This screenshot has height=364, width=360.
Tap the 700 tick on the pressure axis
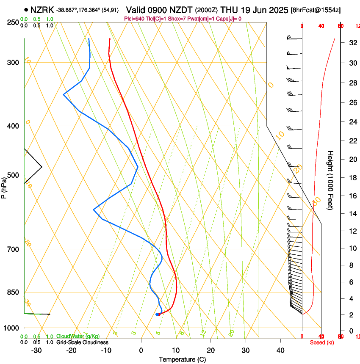pyautogui.click(x=13, y=249)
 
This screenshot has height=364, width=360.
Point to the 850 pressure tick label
pyautogui.click(x=13, y=292)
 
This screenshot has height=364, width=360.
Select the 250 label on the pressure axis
pyautogui.click(x=13, y=22)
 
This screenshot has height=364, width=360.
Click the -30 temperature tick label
pyautogui.click(x=36, y=350)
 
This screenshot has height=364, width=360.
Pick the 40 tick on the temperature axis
pyautogui.click(x=280, y=350)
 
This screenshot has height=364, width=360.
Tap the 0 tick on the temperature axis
pyautogui.click(x=141, y=350)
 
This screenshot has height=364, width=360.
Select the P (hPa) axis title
pyautogui.click(x=4, y=188)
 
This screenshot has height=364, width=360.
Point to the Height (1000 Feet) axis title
pyautogui.click(x=330, y=180)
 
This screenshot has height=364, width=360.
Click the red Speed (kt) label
pyautogui.click(x=322, y=342)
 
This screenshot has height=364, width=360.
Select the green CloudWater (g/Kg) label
pyautogui.click(x=78, y=336)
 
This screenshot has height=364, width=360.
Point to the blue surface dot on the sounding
pyautogui.click(x=158, y=314)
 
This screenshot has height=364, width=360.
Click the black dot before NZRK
pyautogui.click(x=27, y=9)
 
